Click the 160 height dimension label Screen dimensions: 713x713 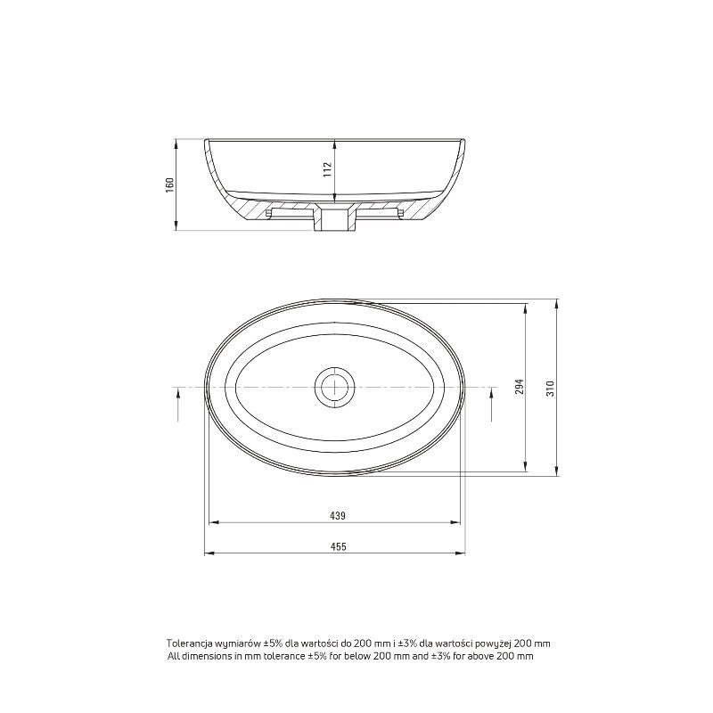tap(169, 184)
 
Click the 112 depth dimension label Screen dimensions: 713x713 tap(329, 170)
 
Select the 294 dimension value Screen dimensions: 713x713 tap(520, 386)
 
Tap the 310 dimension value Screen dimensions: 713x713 tap(551, 389)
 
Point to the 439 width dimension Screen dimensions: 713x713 tap(338, 516)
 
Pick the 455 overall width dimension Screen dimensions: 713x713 tap(338, 546)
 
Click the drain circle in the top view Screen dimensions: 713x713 tap(335, 387)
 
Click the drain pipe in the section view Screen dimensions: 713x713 tap(335, 218)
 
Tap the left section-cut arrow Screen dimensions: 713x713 tap(178, 406)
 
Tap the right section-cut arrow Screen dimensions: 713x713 tap(492, 406)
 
